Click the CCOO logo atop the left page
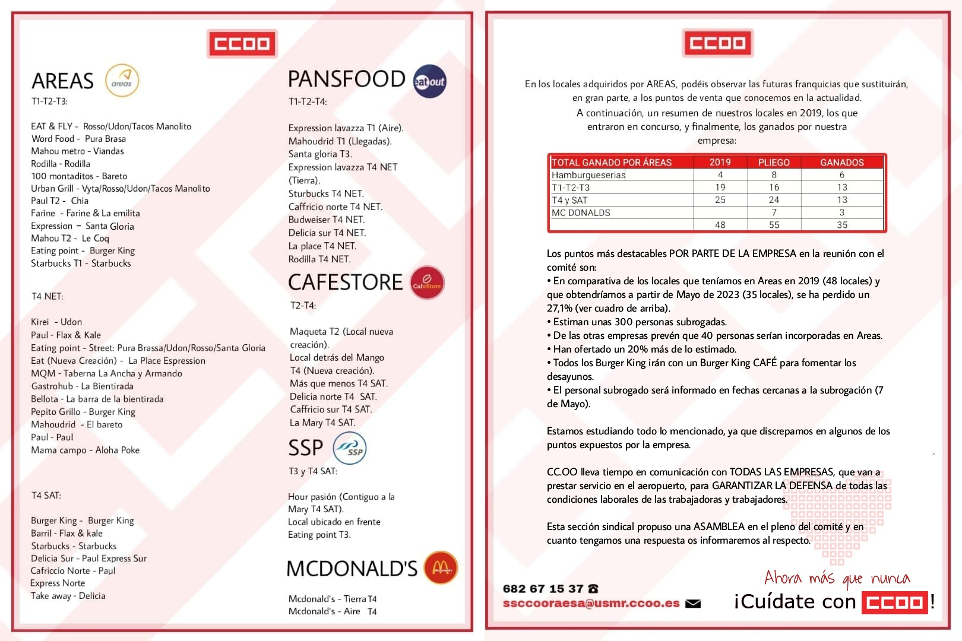[x=242, y=43]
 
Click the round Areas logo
[x=122, y=81]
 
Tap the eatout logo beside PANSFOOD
[x=429, y=81]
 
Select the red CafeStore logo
[x=427, y=283]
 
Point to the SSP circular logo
[x=350, y=449]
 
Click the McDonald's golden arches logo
[x=441, y=567]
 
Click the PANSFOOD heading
[x=346, y=79]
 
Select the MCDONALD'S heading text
[x=352, y=569]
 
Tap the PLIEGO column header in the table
[x=774, y=162]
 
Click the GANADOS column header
[x=841, y=162]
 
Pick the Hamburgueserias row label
[x=588, y=175]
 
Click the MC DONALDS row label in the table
[x=581, y=212]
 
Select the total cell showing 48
[x=720, y=225]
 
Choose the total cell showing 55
[x=774, y=225]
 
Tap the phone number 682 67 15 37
[x=543, y=589]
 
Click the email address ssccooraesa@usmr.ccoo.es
[x=591, y=603]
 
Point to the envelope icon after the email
[x=693, y=604]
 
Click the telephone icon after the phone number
[x=593, y=589]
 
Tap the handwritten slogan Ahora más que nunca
[x=837, y=578]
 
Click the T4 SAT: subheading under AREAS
[x=46, y=495]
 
